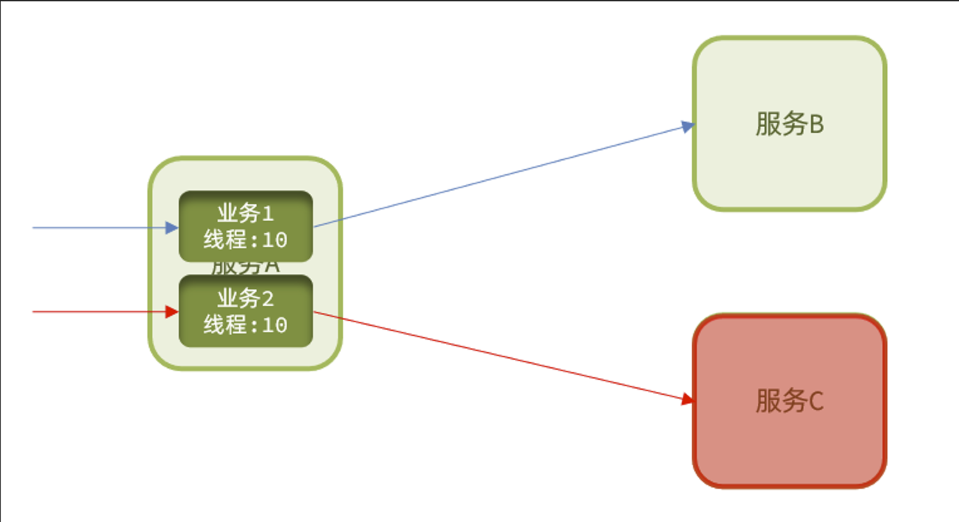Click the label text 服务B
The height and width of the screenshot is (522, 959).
789,123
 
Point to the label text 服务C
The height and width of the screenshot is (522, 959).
789,400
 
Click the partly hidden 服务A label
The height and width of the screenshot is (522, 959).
245,268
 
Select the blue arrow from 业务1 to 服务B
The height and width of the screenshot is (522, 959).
502,176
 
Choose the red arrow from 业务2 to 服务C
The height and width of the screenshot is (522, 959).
502,355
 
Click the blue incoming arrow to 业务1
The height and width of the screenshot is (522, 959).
94,227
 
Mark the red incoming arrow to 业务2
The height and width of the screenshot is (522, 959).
94,311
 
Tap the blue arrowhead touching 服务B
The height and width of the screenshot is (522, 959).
688,127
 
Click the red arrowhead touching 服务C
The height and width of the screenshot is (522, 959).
687,399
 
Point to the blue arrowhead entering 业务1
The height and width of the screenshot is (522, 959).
172,227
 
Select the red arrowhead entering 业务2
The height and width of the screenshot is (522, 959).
172,311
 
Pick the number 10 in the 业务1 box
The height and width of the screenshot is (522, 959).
274,240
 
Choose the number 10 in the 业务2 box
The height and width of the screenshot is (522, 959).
274,325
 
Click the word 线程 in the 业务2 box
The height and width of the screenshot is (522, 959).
225,325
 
